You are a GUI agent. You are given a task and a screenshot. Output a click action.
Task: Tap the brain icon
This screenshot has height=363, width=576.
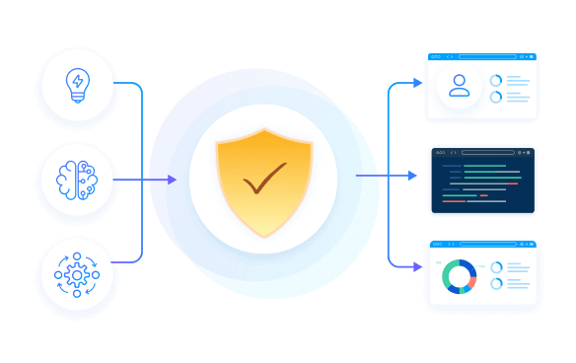coord(77,180)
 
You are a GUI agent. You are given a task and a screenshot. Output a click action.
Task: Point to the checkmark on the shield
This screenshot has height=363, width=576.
coord(264,179)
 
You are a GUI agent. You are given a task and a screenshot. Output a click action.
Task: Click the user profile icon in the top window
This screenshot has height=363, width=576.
coord(460,86)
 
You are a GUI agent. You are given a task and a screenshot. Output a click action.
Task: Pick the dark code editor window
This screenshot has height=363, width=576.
coord(482,181)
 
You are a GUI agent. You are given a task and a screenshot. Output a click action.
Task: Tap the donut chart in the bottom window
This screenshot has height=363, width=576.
coord(460,276)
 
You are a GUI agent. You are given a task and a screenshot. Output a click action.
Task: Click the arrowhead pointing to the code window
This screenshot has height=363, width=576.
coord(413,176)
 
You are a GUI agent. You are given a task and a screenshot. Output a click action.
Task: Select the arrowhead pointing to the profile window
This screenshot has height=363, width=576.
coord(417,83)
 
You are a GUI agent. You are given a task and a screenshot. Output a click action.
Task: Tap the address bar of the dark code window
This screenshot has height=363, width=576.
coord(487,152)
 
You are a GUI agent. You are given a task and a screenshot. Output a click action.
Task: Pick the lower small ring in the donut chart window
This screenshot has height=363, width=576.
coord(497,284)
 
